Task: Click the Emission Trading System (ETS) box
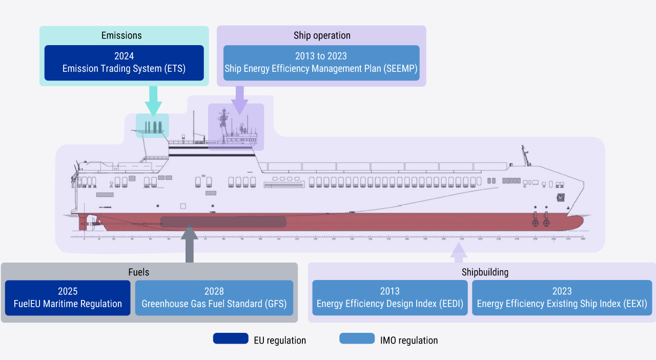124,63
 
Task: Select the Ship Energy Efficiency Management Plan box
321,63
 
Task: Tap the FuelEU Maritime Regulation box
68,297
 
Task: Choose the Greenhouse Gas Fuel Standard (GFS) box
214,297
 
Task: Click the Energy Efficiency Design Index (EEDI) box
390,297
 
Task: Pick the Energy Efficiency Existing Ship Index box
562,297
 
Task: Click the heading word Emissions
121,35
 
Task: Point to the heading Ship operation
322,35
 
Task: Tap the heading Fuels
139,272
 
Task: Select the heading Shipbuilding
485,272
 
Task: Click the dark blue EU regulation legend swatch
231,338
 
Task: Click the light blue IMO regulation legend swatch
357,338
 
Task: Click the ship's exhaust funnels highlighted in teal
152,126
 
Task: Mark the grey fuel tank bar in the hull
223,222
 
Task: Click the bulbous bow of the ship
577,222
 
